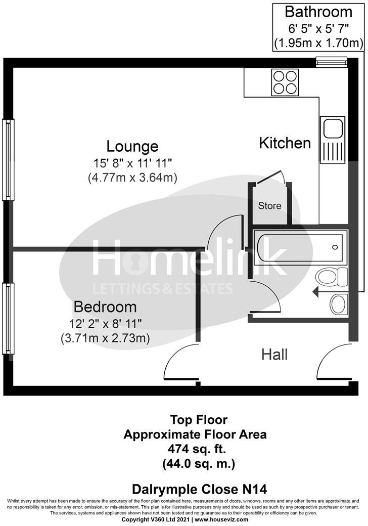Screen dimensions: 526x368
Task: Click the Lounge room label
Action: [x=132, y=146]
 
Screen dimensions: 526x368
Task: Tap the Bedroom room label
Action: [x=105, y=306]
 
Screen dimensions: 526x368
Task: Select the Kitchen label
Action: [x=285, y=143]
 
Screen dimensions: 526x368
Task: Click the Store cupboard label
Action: [x=269, y=206]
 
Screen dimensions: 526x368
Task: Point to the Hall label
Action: [x=274, y=354]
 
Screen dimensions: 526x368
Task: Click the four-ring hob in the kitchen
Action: [x=285, y=82]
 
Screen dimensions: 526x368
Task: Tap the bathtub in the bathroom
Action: [x=300, y=248]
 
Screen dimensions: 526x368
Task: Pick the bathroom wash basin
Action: [x=338, y=304]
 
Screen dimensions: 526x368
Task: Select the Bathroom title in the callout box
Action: [x=318, y=12]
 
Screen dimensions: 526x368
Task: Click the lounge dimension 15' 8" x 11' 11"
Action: [x=132, y=163]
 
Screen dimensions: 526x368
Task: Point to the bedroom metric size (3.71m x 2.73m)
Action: [x=105, y=337]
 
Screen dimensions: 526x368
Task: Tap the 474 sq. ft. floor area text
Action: [x=197, y=448]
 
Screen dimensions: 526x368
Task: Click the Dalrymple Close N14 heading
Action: [x=199, y=489]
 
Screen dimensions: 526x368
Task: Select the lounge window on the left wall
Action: [x=8, y=159]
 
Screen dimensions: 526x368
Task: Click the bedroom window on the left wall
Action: [x=8, y=319]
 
